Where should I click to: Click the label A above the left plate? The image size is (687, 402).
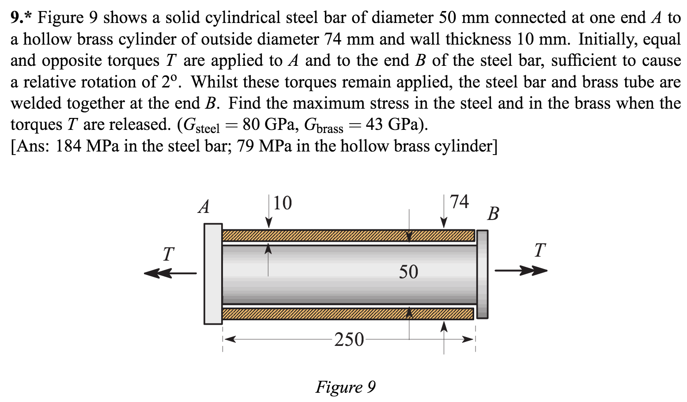pyautogui.click(x=204, y=207)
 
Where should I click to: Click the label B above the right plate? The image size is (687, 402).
pyautogui.click(x=493, y=214)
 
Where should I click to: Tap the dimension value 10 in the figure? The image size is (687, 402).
pyautogui.click(x=283, y=203)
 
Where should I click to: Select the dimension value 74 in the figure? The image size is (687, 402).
pyautogui.click(x=459, y=201)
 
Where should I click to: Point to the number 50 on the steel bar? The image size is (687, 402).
pyautogui.click(x=408, y=272)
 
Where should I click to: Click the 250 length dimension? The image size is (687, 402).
pyautogui.click(x=349, y=340)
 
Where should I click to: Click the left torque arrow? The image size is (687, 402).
pyautogui.click(x=170, y=273)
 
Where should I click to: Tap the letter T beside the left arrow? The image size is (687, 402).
pyautogui.click(x=168, y=254)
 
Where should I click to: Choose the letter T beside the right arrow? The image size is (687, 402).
pyautogui.click(x=540, y=250)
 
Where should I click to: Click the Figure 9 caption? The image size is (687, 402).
pyautogui.click(x=345, y=387)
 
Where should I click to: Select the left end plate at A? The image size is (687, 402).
pyautogui.click(x=213, y=274)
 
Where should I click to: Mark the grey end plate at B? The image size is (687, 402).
pyautogui.click(x=483, y=274)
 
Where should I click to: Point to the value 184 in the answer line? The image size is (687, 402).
pyautogui.click(x=68, y=146)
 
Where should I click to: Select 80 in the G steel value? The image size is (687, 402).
pyautogui.click(x=251, y=125)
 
